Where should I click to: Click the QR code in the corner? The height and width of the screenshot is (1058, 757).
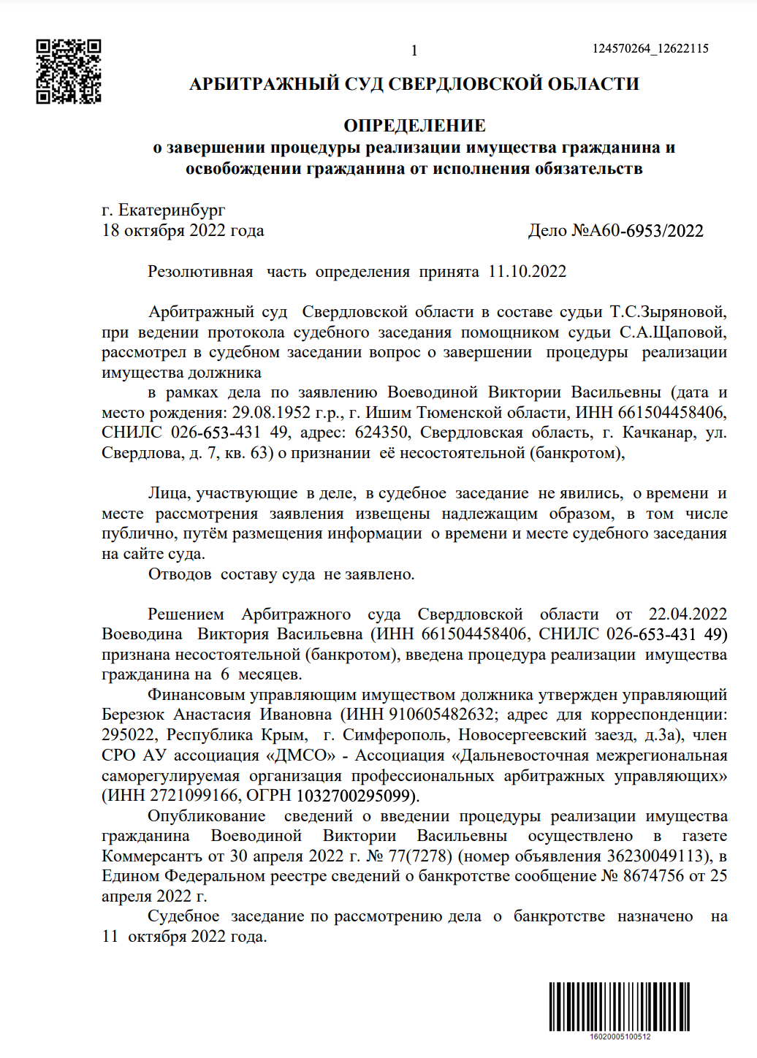[69, 72]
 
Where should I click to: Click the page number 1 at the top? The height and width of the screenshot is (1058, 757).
[414, 50]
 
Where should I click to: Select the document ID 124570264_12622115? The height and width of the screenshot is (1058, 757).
[650, 49]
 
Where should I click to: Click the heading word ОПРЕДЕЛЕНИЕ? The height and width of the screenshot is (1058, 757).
[414, 126]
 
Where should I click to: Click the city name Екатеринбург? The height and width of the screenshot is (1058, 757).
[172, 210]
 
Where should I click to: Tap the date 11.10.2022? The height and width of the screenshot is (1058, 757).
[527, 272]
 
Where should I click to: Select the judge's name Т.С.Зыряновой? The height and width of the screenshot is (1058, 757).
[668, 312]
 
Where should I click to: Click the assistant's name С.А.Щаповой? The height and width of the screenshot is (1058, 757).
[672, 332]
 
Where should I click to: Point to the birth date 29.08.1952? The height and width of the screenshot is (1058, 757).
[271, 413]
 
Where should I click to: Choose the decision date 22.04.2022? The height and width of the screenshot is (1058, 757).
[688, 614]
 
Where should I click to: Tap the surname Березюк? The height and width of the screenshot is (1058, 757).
[134, 715]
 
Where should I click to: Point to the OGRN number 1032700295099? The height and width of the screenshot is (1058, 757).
[354, 795]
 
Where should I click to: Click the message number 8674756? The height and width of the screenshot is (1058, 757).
[653, 875]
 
